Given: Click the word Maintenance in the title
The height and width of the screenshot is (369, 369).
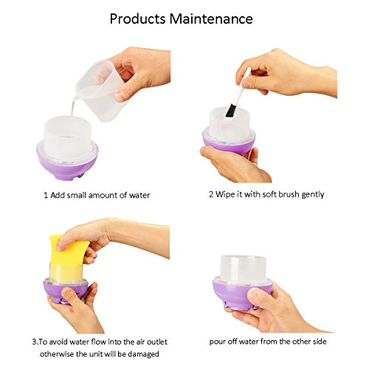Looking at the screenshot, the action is (211, 18).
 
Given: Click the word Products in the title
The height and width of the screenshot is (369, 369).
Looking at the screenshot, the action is (137, 19).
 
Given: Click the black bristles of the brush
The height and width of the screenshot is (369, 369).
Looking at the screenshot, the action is (230, 111).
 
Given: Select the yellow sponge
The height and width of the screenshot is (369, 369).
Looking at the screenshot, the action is (68, 257).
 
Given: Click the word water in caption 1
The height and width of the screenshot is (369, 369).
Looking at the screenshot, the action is (139, 196).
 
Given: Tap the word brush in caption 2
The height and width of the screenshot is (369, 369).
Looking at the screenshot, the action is (290, 194).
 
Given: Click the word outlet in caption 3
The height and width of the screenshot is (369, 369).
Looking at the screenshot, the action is (157, 342).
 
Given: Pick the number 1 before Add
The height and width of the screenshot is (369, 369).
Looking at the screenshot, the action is (46, 196).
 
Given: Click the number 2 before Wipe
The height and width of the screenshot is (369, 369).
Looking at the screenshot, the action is (211, 194).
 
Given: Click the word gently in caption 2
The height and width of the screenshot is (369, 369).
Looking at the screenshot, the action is (313, 195).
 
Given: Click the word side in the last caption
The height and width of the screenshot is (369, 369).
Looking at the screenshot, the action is (320, 342).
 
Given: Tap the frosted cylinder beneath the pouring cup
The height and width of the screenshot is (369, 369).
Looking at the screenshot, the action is (67, 138).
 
